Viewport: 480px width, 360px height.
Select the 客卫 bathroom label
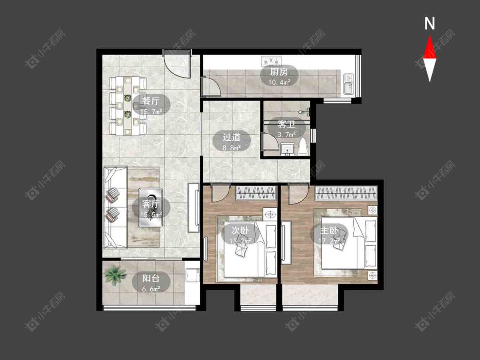click(285, 125)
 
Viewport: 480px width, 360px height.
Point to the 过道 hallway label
click(232, 137)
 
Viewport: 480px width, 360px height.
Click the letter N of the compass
click(430, 24)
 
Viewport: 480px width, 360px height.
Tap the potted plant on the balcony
click(115, 276)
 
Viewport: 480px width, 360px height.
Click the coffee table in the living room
click(150, 207)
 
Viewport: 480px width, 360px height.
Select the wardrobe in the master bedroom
click(346, 194)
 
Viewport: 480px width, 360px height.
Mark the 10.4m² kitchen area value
click(279, 82)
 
